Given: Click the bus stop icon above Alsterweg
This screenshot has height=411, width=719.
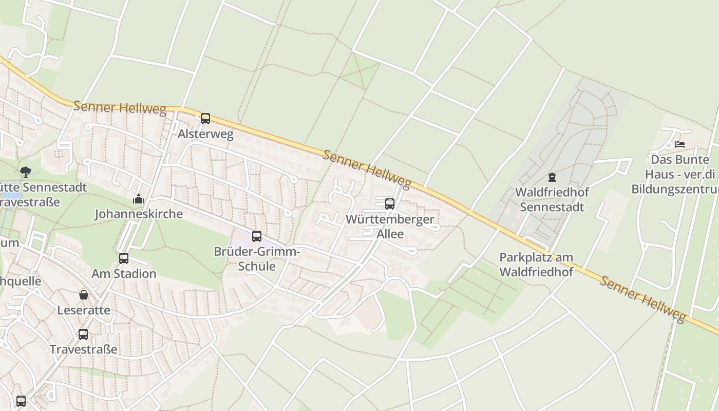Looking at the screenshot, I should pyautogui.click(x=205, y=119).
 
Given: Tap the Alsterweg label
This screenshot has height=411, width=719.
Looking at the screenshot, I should pyautogui.click(x=205, y=135).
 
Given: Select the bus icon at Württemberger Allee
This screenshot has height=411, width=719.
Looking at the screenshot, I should pyautogui.click(x=390, y=204).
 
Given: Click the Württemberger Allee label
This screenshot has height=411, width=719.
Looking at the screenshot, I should pyautogui.click(x=390, y=227).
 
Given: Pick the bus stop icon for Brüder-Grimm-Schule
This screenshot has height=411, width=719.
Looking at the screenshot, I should pyautogui.click(x=257, y=236).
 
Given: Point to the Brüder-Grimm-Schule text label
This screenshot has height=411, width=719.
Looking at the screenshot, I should pyautogui.click(x=257, y=259).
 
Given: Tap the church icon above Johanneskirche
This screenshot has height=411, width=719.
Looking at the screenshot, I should pyautogui.click(x=139, y=199).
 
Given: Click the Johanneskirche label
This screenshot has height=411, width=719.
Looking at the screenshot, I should pyautogui.click(x=139, y=214).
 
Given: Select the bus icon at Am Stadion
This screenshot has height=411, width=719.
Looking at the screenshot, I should pyautogui.click(x=124, y=258).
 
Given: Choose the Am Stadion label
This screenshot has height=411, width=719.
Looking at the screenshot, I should pyautogui.click(x=124, y=273).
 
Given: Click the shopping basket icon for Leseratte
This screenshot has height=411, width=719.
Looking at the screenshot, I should pyautogui.click(x=84, y=295).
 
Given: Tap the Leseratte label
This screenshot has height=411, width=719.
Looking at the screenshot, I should pyautogui.click(x=84, y=310).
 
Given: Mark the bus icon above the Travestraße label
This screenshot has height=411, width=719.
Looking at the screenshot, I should pyautogui.click(x=83, y=334).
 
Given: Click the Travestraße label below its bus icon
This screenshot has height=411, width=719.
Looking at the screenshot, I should pyautogui.click(x=83, y=349).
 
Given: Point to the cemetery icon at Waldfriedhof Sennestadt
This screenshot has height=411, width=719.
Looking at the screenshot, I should pyautogui.click(x=552, y=177).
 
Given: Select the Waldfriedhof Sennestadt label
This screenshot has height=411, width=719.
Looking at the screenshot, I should pyautogui.click(x=552, y=199).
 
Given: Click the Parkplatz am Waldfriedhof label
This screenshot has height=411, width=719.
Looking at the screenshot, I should pyautogui.click(x=536, y=264).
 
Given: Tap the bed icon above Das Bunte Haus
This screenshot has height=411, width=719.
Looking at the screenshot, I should pyautogui.click(x=680, y=144).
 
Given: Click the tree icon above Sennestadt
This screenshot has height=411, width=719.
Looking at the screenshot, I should pyautogui.click(x=25, y=172).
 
